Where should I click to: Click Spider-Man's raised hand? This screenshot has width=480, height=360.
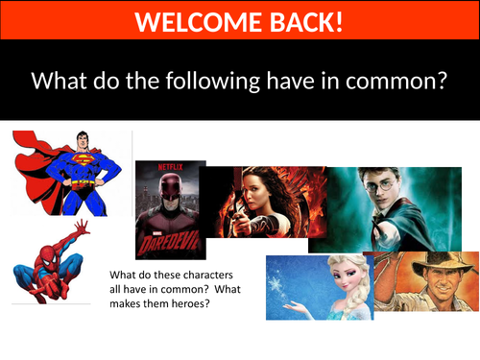point(83,228)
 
